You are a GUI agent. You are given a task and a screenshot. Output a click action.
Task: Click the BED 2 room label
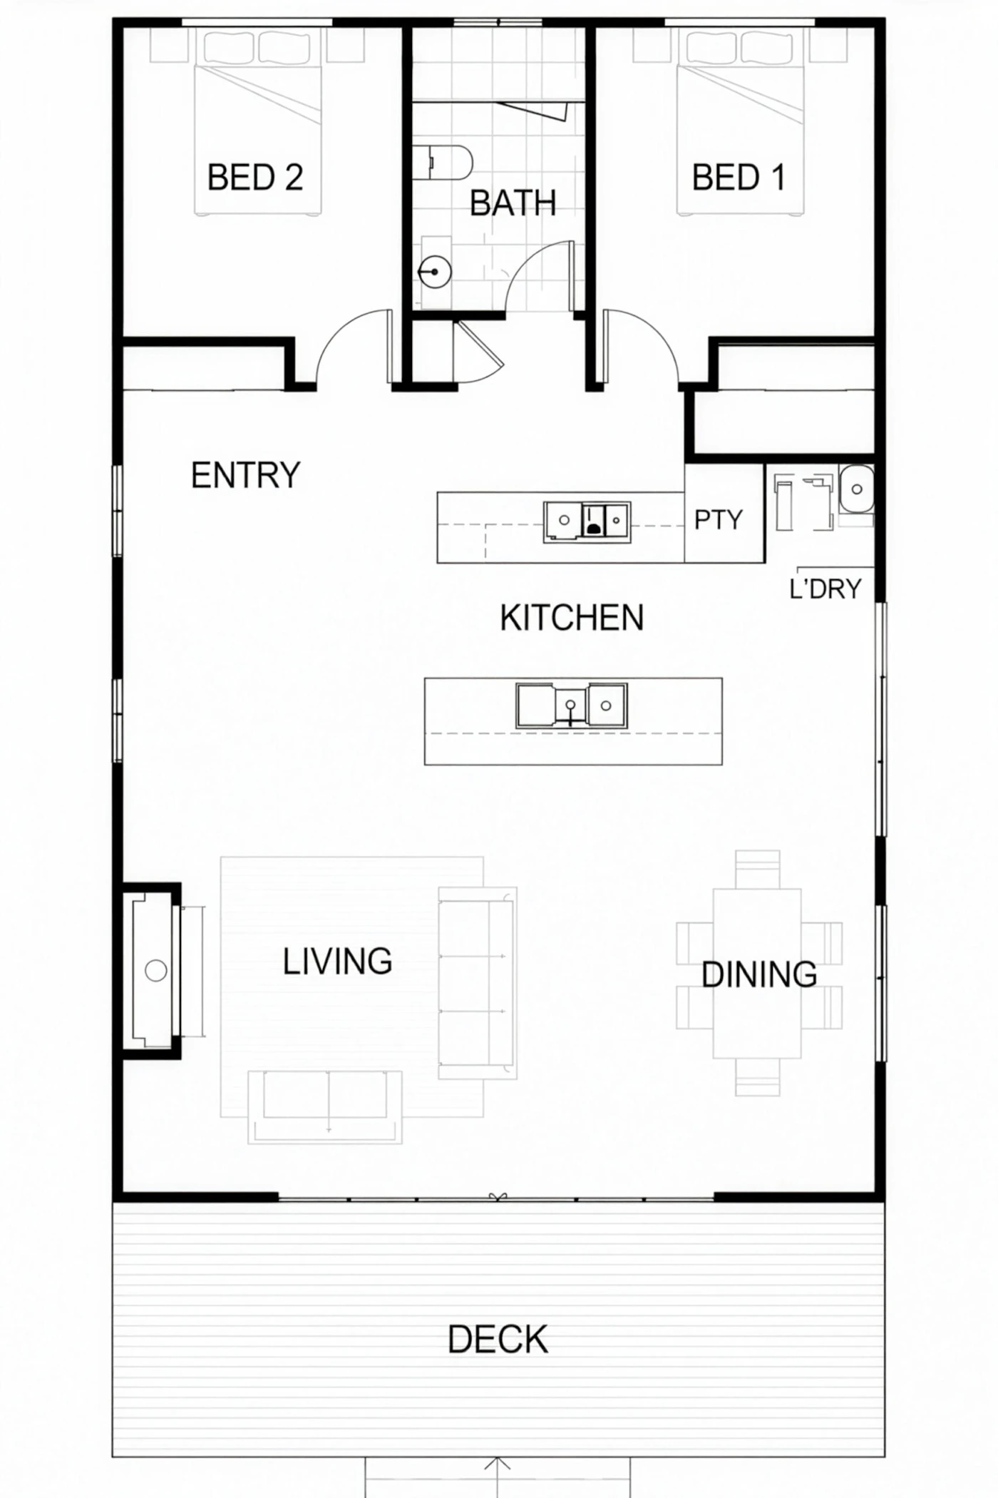point(255,177)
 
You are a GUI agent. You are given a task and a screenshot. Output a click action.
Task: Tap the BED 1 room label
point(739,177)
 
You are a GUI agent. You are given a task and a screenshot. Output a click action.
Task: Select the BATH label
point(513,203)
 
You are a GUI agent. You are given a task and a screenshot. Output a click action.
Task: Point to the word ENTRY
point(246,475)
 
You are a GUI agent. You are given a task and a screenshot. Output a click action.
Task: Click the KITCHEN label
point(572,618)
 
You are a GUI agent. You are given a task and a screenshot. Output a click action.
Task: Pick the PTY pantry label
point(719,520)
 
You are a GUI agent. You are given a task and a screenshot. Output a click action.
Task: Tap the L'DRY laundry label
point(825,588)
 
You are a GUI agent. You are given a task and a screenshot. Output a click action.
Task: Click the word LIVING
point(337,962)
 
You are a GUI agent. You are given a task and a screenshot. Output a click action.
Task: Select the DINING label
point(759,974)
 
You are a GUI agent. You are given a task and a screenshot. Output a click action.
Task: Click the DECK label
point(498,1340)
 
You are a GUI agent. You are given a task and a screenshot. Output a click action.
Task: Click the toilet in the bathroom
point(443,163)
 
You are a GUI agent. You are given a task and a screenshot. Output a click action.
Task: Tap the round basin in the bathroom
point(434,272)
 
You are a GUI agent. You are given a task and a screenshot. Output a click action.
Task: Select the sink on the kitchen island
point(572,705)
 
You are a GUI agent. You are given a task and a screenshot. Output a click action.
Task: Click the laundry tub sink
point(856,489)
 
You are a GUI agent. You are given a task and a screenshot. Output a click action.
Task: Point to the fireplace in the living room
point(152,970)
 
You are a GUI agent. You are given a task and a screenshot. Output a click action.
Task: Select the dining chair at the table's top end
point(758,869)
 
